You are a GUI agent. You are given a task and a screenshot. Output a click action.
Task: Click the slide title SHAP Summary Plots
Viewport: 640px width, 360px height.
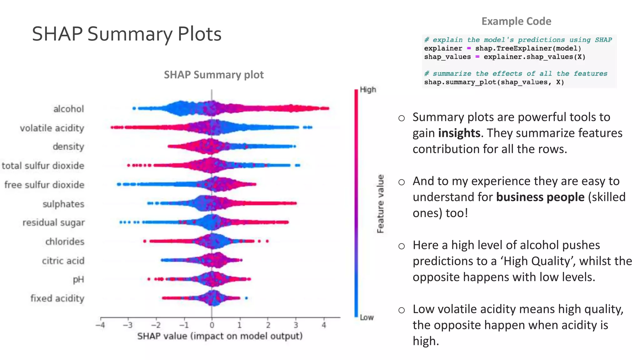pyautogui.click(x=127, y=34)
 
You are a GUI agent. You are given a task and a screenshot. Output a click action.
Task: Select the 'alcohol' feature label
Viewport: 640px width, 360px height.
pyautogui.click(x=69, y=109)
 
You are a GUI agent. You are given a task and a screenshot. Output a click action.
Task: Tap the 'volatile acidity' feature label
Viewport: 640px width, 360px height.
pyautogui.click(x=52, y=128)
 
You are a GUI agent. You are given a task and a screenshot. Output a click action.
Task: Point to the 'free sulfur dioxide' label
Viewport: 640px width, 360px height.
pyautogui.click(x=44, y=185)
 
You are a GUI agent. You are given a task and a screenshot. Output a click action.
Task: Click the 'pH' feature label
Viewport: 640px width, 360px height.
pyautogui.click(x=78, y=279)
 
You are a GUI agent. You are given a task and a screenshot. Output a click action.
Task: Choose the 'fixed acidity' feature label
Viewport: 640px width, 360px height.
pyautogui.click(x=57, y=298)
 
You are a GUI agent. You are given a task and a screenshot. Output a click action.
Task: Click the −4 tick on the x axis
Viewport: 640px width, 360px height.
pyautogui.click(x=100, y=325)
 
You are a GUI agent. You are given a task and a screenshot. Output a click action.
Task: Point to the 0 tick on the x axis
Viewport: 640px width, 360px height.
pyautogui.click(x=212, y=325)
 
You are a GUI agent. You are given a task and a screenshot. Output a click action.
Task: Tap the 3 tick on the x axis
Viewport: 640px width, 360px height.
pyautogui.click(x=296, y=325)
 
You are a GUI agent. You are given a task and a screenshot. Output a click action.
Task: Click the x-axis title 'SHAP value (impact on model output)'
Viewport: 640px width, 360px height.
pyautogui.click(x=220, y=336)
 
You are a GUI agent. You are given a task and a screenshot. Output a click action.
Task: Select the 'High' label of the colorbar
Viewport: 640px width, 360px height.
pyautogui.click(x=368, y=90)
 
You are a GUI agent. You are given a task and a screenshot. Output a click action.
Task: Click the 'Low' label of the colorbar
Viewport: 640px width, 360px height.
pyautogui.click(x=367, y=317)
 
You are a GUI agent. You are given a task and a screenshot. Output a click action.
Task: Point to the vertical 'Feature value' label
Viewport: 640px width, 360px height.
pyautogui.click(x=380, y=204)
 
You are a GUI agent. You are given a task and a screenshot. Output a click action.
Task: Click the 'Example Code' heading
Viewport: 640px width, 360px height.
pyautogui.click(x=516, y=21)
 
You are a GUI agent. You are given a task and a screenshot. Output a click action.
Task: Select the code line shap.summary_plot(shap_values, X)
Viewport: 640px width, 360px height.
pyautogui.click(x=494, y=82)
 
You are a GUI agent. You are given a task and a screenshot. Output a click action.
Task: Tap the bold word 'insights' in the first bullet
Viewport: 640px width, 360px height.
pyautogui.click(x=459, y=133)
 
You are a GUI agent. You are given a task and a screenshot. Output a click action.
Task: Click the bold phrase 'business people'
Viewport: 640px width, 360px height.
pyautogui.click(x=540, y=197)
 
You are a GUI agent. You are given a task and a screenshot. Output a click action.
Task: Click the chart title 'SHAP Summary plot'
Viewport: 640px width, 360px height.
pyautogui.click(x=214, y=75)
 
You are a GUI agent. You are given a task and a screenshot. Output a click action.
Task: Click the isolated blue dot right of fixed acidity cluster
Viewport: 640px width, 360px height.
pyautogui.click(x=246, y=298)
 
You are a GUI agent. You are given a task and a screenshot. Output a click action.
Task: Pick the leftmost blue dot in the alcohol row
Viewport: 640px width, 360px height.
pyautogui.click(x=134, y=108)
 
